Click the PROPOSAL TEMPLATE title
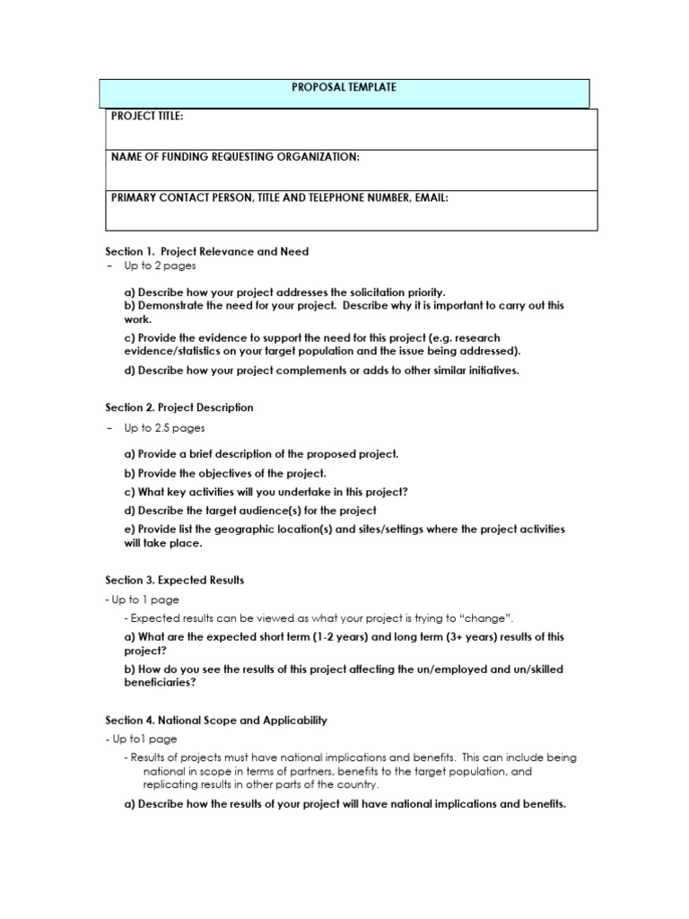click(x=344, y=88)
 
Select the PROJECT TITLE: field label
click(x=147, y=117)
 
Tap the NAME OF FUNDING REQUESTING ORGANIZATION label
click(x=234, y=157)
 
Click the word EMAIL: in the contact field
click(x=430, y=197)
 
